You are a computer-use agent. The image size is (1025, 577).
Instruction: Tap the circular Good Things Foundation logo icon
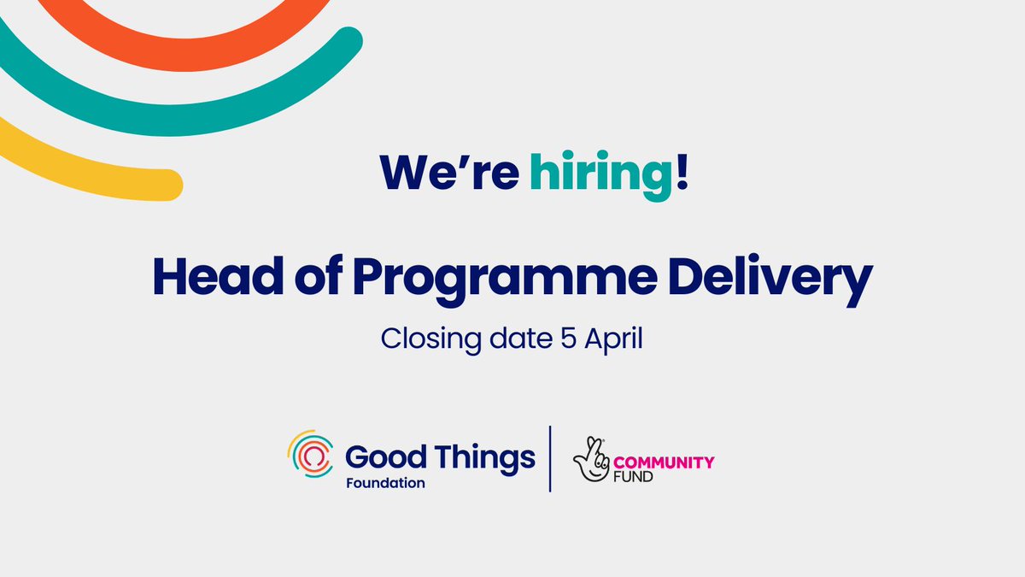pyautogui.click(x=310, y=458)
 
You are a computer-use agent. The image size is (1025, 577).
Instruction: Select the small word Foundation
pyautogui.click(x=385, y=483)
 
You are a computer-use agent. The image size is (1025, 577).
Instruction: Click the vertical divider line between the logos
pyautogui.click(x=550, y=458)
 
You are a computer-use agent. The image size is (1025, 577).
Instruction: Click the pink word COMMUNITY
pyautogui.click(x=666, y=462)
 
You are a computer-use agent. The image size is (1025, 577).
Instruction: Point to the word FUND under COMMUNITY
pyautogui.click(x=639, y=476)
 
